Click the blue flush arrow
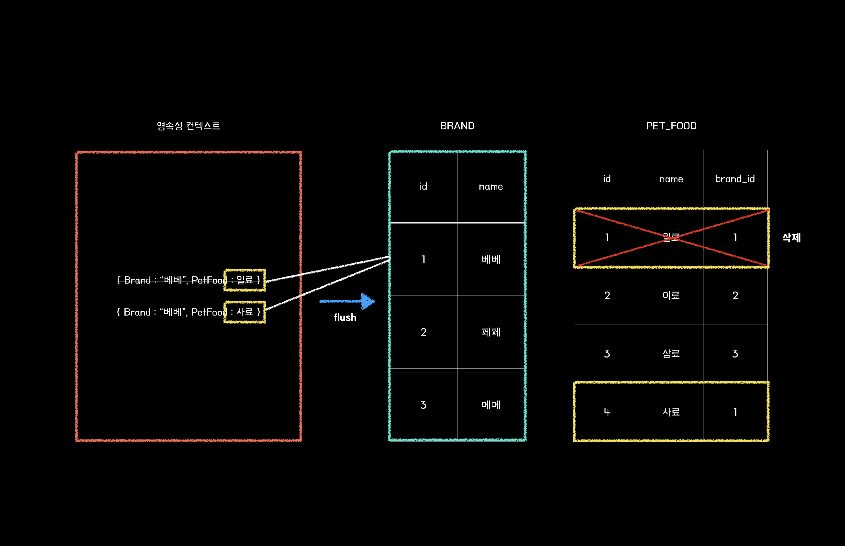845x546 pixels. pyautogui.click(x=347, y=301)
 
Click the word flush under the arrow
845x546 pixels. pyautogui.click(x=345, y=317)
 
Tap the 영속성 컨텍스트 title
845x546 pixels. pyautogui.click(x=188, y=126)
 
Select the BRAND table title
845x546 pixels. pyautogui.click(x=457, y=126)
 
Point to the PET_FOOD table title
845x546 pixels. pyautogui.click(x=671, y=126)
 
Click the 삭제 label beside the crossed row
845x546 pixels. pyautogui.click(x=791, y=238)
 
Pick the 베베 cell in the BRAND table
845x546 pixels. pyautogui.click(x=491, y=259)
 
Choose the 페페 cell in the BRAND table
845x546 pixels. pyautogui.click(x=491, y=332)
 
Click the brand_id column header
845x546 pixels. pyautogui.click(x=735, y=179)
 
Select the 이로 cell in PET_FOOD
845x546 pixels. pyautogui.click(x=671, y=295)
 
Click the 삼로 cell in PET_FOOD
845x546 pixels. pyautogui.click(x=671, y=353)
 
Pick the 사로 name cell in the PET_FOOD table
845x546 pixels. pyautogui.click(x=671, y=412)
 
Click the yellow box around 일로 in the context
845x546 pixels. pyautogui.click(x=245, y=280)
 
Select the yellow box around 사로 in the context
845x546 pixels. pyautogui.click(x=245, y=312)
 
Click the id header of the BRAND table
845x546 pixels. pyautogui.click(x=423, y=186)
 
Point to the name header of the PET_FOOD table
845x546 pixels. pyautogui.click(x=671, y=179)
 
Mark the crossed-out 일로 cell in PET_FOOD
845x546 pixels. pyautogui.click(x=671, y=237)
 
